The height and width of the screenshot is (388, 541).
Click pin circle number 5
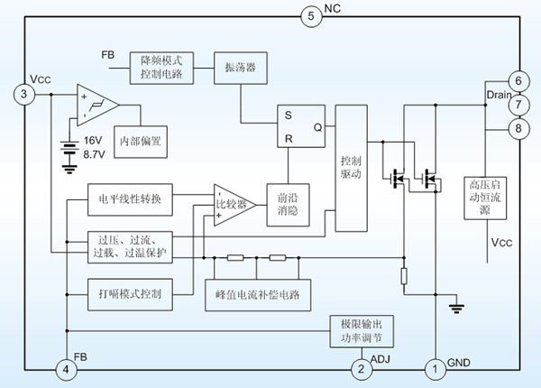[x=310, y=15]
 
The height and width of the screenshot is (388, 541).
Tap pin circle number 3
[x=24, y=94]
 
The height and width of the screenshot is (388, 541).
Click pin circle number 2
[x=361, y=368]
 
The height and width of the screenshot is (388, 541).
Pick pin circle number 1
[x=435, y=368]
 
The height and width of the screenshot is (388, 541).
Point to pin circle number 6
[x=516, y=80]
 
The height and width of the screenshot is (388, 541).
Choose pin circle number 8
[x=516, y=129]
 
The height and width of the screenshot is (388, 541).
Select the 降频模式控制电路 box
[x=162, y=67]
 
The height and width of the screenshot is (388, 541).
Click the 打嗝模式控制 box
[x=129, y=293]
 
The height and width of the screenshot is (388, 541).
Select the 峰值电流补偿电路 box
[x=257, y=294]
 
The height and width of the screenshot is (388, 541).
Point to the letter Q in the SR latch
[x=317, y=126]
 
